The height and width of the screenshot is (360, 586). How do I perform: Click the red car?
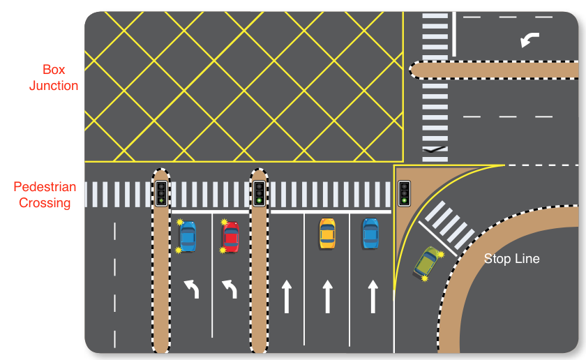click(230, 237)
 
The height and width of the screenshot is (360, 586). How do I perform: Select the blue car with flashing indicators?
click(188, 237)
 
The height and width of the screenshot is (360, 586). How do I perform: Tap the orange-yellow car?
click(326, 234)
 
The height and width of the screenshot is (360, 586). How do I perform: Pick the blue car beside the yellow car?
click(370, 234)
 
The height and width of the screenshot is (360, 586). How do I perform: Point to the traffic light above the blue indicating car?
click(161, 193)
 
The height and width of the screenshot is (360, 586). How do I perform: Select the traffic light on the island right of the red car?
click(259, 193)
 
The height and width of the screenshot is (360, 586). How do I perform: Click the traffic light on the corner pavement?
click(403, 193)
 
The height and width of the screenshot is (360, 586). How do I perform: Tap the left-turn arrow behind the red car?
click(230, 288)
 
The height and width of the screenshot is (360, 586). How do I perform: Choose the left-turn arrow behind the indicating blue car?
click(191, 288)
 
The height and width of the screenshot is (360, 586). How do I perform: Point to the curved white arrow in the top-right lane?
click(529, 40)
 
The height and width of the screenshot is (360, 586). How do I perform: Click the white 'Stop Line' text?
click(511, 259)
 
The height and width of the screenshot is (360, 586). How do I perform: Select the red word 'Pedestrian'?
click(45, 188)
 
